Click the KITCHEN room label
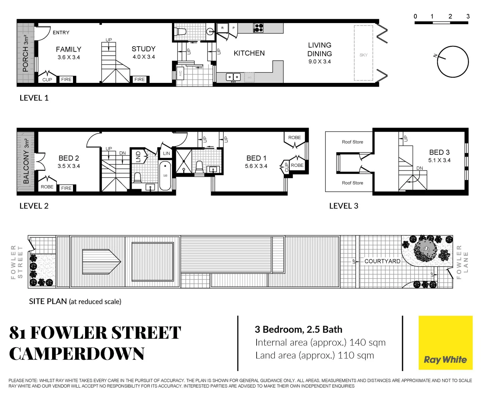click(x=249, y=53)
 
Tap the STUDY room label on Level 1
click(x=143, y=49)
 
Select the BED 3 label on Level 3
click(x=439, y=152)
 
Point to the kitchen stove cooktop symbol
click(x=258, y=28)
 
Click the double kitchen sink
click(x=233, y=77)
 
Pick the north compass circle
click(x=453, y=62)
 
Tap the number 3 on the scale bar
click(x=468, y=16)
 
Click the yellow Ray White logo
click(x=445, y=343)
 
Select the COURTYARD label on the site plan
click(x=382, y=261)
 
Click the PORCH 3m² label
click(x=26, y=54)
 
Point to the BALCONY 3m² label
click(x=26, y=161)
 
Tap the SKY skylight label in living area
click(x=363, y=55)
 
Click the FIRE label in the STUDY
click(x=140, y=79)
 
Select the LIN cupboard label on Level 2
click(x=166, y=153)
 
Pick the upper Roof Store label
click(x=352, y=142)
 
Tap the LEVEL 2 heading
click(x=34, y=206)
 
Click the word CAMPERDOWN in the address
click(x=77, y=354)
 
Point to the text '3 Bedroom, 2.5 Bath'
click(x=298, y=329)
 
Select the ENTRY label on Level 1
click(x=61, y=33)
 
